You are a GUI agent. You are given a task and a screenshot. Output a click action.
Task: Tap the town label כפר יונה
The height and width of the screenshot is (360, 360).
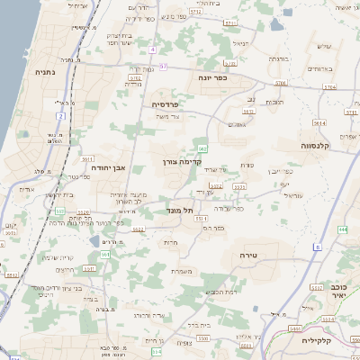point(212,79)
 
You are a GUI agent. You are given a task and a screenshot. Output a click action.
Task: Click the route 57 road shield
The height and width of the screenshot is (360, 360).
point(163,67)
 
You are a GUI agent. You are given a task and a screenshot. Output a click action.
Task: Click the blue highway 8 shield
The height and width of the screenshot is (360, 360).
point(317,246)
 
